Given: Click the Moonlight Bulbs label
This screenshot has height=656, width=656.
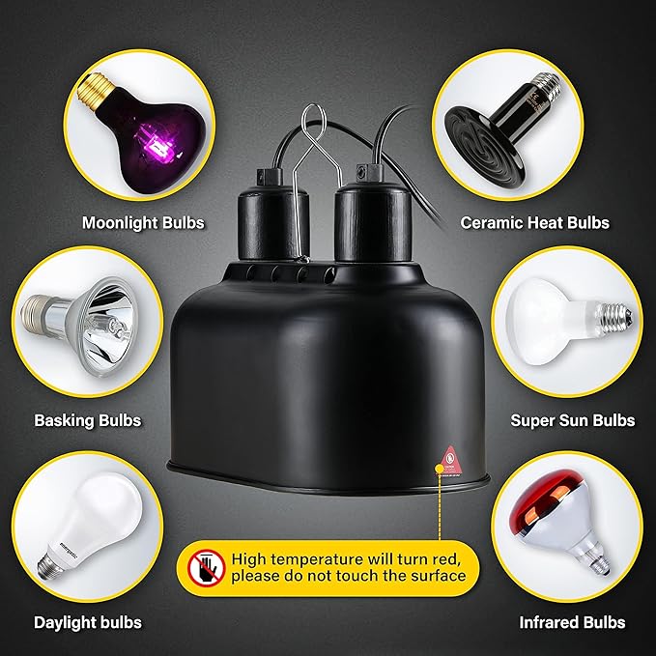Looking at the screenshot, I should (143, 223).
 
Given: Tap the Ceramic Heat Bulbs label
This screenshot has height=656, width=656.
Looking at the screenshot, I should (534, 223).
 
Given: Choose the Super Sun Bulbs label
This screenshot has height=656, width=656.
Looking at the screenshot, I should (572, 420).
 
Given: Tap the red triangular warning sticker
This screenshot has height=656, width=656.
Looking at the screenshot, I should (450, 456).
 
